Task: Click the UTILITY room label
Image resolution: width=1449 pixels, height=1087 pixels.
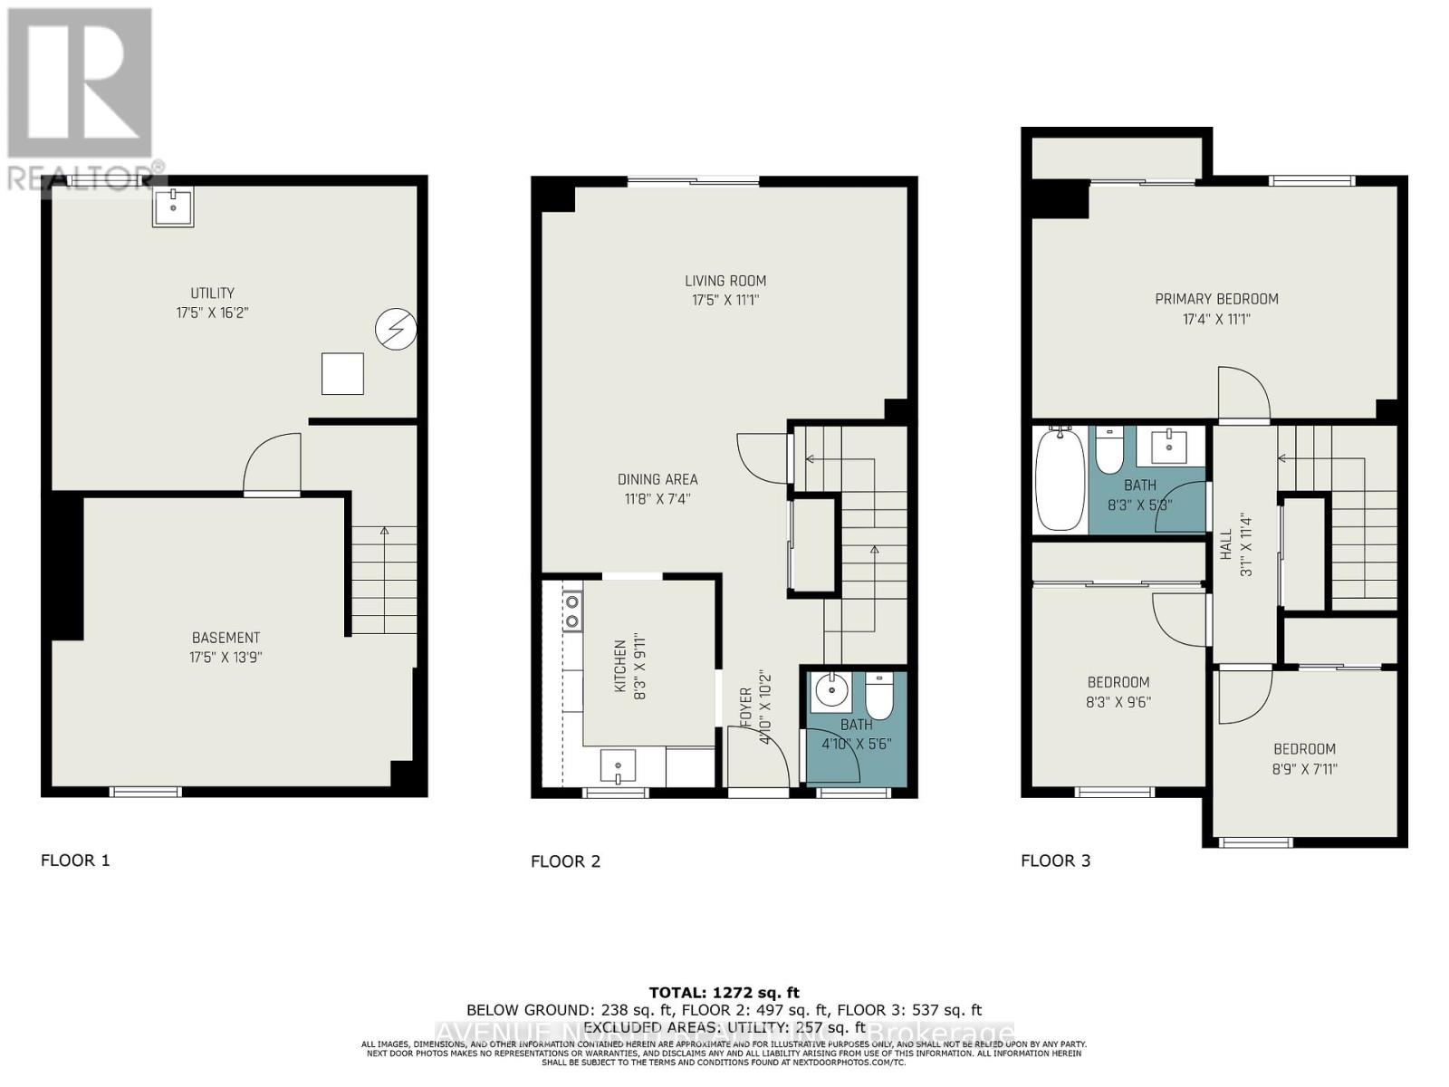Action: [212, 293]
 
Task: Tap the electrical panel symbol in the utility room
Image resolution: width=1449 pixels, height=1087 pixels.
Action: [396, 330]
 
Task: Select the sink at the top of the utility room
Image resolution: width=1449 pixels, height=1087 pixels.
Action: [172, 207]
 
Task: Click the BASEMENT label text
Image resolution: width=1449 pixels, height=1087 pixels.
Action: [226, 638]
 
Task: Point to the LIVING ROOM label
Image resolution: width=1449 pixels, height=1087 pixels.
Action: [724, 281]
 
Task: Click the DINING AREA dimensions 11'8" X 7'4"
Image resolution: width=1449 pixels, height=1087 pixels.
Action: [657, 498]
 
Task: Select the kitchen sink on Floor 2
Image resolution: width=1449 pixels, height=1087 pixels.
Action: [618, 766]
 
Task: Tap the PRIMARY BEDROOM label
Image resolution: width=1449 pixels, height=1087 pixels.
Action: [1215, 299]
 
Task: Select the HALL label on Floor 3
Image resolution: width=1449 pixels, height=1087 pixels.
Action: [1225, 545]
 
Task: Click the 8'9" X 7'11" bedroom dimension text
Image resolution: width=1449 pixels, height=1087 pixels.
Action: [1304, 769]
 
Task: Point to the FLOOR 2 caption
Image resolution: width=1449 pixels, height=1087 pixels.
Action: [565, 861]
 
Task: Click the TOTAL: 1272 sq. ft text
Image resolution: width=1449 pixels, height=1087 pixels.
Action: [724, 993]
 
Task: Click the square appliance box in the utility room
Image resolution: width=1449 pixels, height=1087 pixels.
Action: [342, 374]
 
